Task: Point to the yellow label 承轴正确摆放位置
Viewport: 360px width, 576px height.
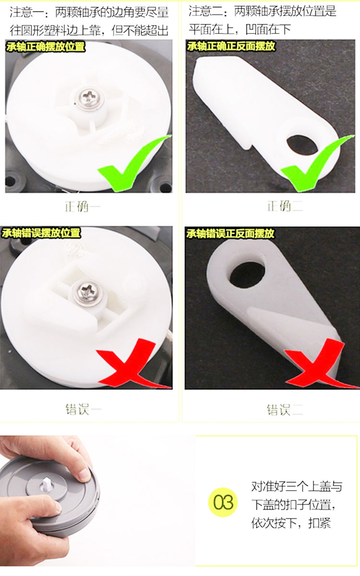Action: coord(46,47)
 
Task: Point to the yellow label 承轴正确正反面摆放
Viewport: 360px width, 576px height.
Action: coord(231,46)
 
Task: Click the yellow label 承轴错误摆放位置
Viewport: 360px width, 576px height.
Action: coord(41,233)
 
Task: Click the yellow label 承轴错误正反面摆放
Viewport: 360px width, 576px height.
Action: coord(230,233)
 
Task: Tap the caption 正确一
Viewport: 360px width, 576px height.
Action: coord(82,207)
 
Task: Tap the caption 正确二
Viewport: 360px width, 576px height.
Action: coord(285,206)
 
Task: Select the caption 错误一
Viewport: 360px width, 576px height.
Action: coord(84,409)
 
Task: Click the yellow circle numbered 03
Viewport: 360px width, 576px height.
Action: coord(223,503)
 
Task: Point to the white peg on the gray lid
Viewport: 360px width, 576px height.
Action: coord(46,484)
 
